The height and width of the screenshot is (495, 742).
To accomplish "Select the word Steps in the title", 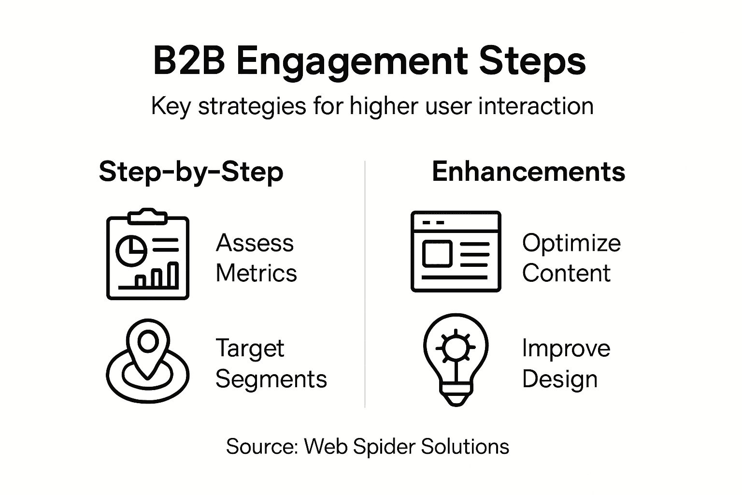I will tap(532, 62).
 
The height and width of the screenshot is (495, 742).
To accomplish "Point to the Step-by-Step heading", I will tap(191, 172).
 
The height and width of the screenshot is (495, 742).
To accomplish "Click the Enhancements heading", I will tap(528, 172).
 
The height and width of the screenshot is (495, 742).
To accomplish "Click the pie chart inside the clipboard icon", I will tap(131, 250).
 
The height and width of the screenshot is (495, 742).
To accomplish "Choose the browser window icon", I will tap(456, 251).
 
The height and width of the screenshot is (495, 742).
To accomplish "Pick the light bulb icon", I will tap(456, 359).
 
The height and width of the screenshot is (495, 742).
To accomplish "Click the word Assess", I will tap(255, 243).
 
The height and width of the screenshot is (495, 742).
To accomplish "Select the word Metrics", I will tap(256, 273).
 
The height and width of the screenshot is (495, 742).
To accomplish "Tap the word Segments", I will tap(271, 379).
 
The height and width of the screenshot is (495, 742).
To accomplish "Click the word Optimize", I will tap(571, 243).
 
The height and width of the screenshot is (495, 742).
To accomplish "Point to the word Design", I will tap(559, 379).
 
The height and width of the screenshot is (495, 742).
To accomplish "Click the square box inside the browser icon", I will tap(437, 254).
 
